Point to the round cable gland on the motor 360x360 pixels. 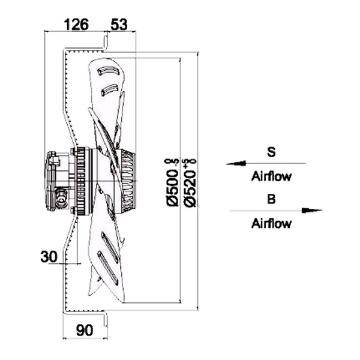pyautogui.click(x=61, y=193)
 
